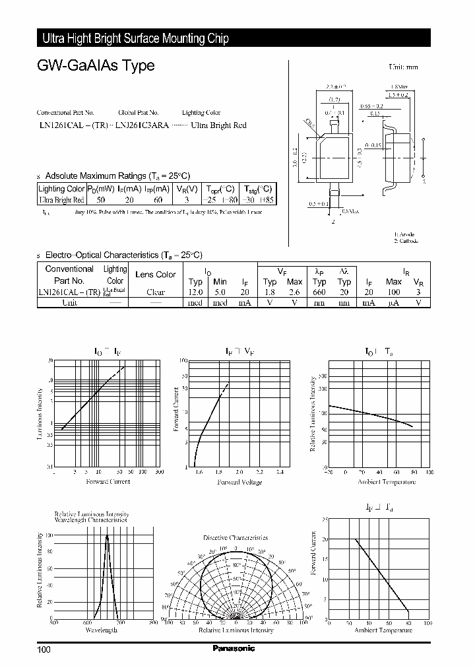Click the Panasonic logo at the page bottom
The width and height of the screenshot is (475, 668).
[233, 649]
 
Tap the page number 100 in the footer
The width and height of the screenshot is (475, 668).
[44, 650]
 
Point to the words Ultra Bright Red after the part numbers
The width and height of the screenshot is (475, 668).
[218, 125]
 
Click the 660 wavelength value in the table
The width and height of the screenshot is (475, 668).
[319, 291]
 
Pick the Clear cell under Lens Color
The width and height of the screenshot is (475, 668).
[156, 291]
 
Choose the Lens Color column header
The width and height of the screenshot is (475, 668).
[156, 275]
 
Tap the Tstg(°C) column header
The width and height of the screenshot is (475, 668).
[257, 188]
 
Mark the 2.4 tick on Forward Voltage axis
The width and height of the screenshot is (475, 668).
[280, 473]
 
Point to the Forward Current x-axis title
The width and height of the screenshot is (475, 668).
[108, 482]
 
